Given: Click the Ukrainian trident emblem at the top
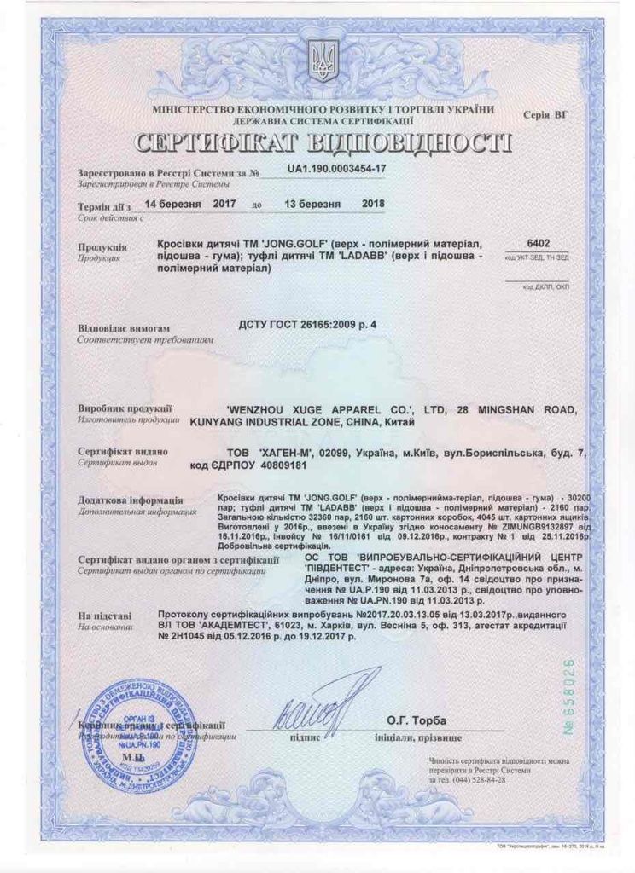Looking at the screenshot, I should coord(323,61).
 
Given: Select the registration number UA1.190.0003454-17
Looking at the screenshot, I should coord(337,170).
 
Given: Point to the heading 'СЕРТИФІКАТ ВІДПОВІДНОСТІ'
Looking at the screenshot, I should coord(323,142).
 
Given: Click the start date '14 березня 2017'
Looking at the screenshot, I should coord(189,205).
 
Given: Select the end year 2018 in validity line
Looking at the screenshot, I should coord(373,205).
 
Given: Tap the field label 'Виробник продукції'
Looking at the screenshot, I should coord(125,408).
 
